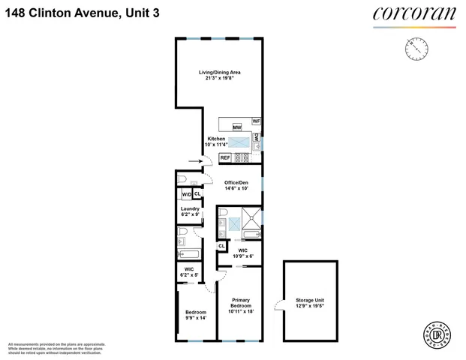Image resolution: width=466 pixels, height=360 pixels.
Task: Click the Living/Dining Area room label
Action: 219,76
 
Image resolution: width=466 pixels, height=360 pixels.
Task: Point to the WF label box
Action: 256,121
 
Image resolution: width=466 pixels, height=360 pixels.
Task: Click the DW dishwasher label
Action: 257,138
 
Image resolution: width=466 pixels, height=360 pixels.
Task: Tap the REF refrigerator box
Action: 225,158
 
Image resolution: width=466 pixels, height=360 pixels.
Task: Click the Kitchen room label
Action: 217,143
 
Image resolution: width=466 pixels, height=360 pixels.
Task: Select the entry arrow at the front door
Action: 194,160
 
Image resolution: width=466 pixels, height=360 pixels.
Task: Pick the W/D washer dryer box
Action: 187,195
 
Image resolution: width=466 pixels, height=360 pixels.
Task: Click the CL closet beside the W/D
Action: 197,194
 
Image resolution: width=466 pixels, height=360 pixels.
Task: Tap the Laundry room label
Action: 190,211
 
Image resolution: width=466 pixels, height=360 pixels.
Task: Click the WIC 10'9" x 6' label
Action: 242,253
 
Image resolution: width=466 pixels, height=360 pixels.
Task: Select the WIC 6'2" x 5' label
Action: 189,272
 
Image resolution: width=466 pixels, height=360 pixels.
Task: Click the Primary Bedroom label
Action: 240,307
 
